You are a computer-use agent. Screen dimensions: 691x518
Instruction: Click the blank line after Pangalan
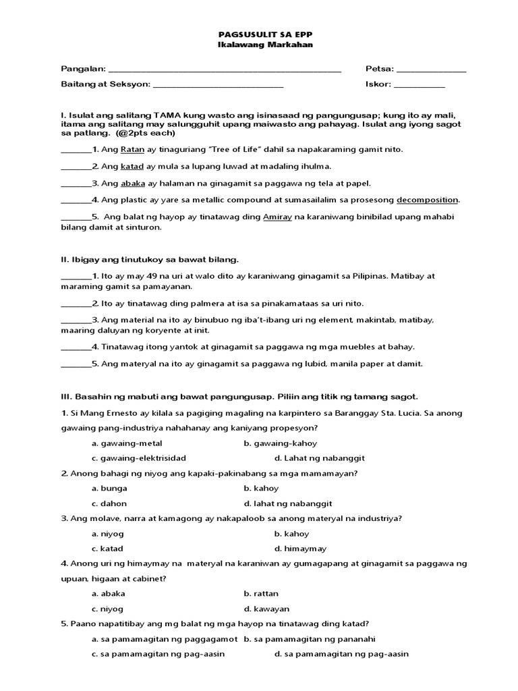point(225,70)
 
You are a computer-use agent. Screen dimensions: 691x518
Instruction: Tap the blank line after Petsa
point(431,70)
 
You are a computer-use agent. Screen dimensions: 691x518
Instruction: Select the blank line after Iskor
point(419,85)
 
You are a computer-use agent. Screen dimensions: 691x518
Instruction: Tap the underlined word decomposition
point(427,200)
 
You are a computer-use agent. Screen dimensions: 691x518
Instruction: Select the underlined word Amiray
point(277,217)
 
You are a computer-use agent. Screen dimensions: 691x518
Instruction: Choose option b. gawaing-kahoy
point(280,443)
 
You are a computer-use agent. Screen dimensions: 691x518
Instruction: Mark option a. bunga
point(109,488)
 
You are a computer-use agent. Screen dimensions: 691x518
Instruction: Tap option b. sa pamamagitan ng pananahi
point(309,638)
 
